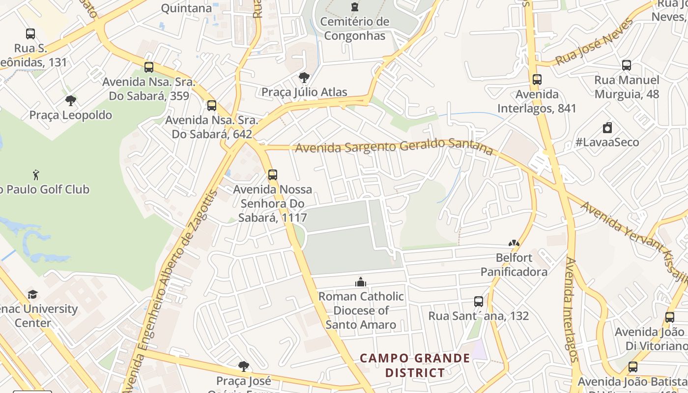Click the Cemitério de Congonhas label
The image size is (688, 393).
click(354, 28)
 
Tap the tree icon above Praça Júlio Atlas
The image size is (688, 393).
click(304, 78)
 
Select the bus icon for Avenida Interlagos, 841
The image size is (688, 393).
click(537, 80)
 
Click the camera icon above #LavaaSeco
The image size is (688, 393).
click(607, 128)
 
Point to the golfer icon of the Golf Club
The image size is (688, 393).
click(36, 175)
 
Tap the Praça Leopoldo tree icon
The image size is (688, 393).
click(71, 101)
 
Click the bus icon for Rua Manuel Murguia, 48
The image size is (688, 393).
click(627, 65)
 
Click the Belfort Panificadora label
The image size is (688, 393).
click(514, 265)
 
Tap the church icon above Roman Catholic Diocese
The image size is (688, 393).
click(361, 282)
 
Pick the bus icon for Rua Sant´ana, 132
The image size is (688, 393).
click(479, 302)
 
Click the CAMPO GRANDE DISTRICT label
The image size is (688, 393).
click(415, 365)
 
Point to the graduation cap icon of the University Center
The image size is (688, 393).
click(32, 294)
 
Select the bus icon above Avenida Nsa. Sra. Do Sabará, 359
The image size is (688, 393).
click(149, 67)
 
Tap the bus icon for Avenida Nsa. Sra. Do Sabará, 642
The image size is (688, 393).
click(212, 106)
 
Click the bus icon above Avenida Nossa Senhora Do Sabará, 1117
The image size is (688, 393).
click(273, 175)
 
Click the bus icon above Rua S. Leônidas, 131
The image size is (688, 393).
click(30, 34)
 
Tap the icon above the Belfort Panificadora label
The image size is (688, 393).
click(514, 243)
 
